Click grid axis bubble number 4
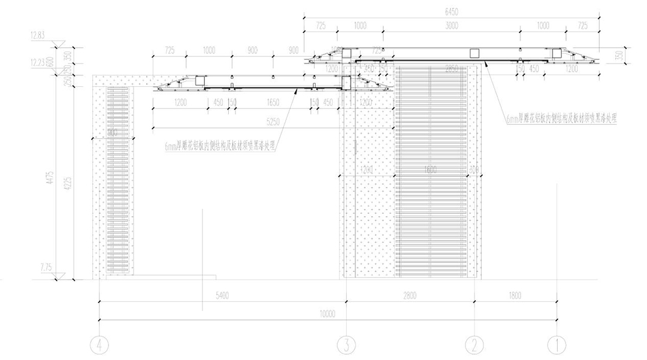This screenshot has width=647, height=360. [x=99, y=344]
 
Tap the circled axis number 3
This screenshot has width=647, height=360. [x=346, y=344]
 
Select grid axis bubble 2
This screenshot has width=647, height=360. [x=474, y=344]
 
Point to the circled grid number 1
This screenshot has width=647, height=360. [x=557, y=344]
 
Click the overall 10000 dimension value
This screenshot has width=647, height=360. [x=327, y=313]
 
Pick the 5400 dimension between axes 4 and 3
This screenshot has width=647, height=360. [x=222, y=296]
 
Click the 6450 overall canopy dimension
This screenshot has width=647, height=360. [x=453, y=11]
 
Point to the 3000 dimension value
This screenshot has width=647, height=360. [x=452, y=25]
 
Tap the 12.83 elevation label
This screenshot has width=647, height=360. [x=37, y=36]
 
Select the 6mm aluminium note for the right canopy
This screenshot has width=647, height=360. [x=561, y=119]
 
